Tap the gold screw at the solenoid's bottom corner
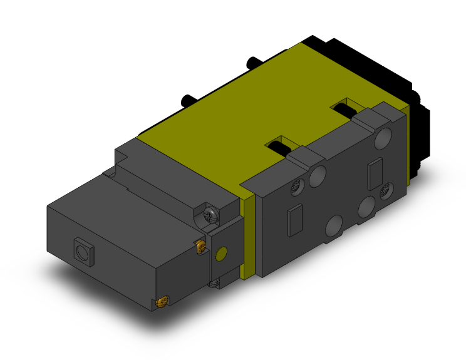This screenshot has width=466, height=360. click(162, 303)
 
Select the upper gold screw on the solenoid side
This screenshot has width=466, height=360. click(201, 247)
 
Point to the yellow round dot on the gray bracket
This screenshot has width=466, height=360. click(220, 254)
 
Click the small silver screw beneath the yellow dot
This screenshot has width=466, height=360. click(215, 283)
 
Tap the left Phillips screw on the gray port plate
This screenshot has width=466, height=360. click(296, 186)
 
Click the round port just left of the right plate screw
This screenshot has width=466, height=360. click(366, 207)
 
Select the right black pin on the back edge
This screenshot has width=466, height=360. click(252, 62)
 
